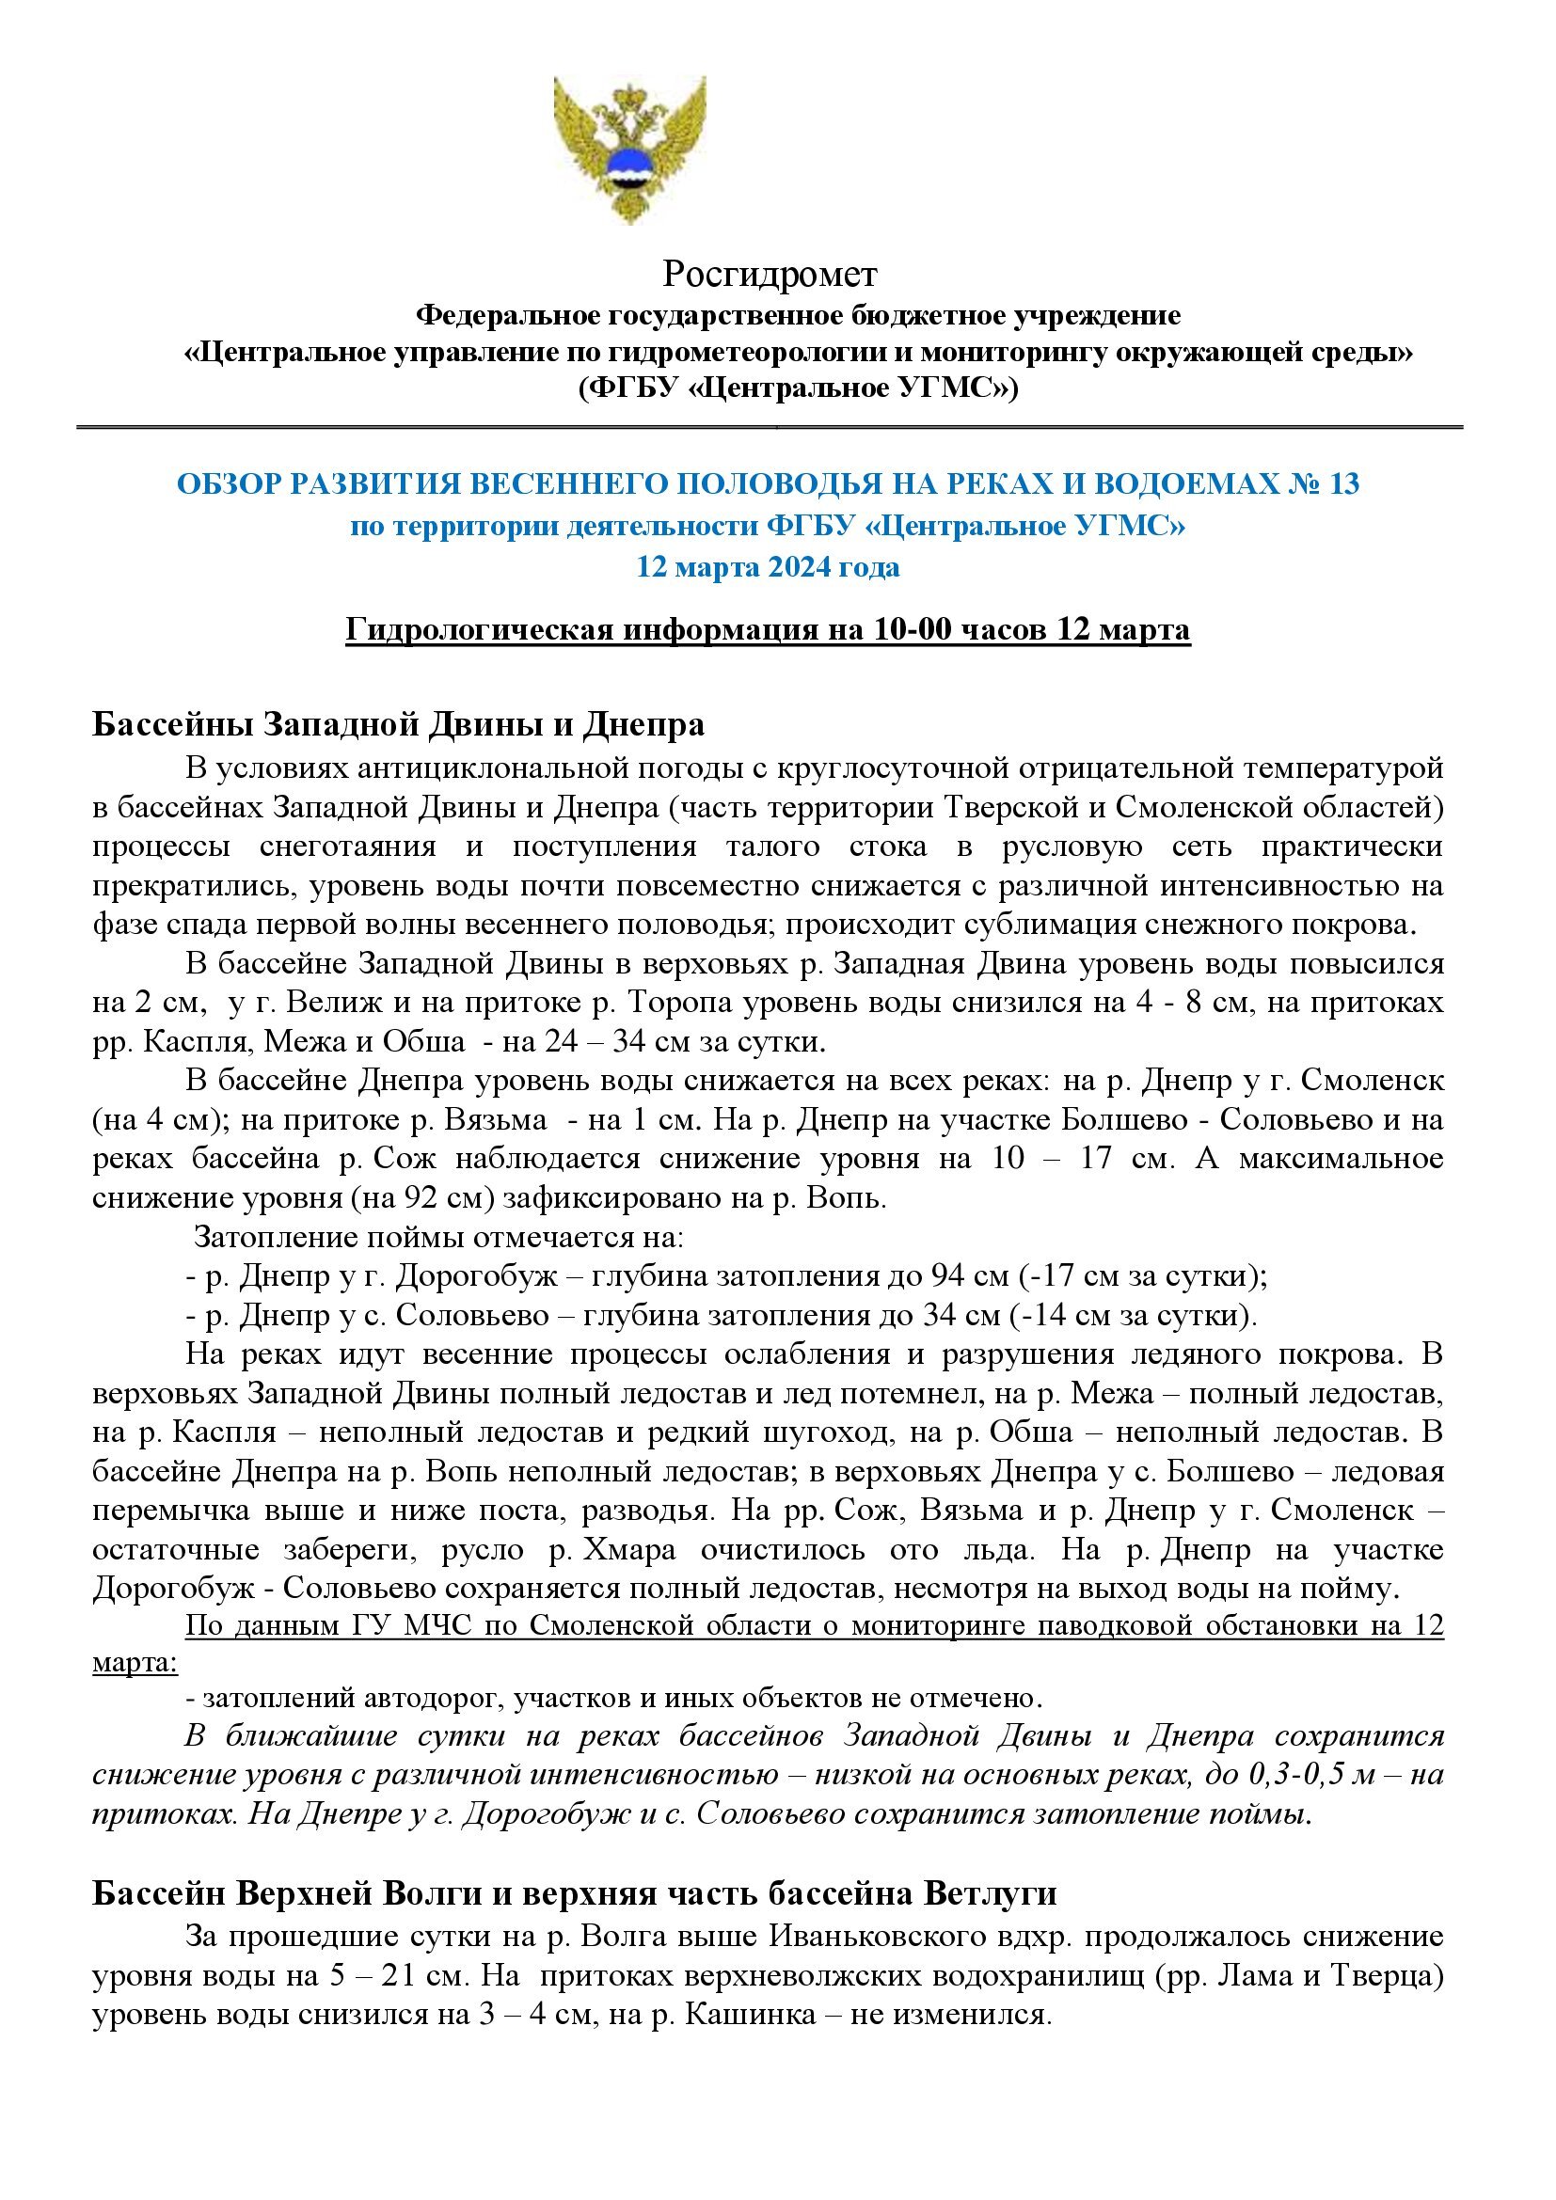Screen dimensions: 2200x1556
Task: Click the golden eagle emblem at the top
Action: pyautogui.click(x=629, y=150)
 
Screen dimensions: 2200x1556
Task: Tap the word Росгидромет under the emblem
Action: pyautogui.click(x=770, y=275)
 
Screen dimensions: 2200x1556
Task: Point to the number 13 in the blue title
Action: pyautogui.click(x=1342, y=484)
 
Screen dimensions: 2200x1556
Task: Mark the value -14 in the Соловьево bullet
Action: pyautogui.click(x=1039, y=1316)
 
